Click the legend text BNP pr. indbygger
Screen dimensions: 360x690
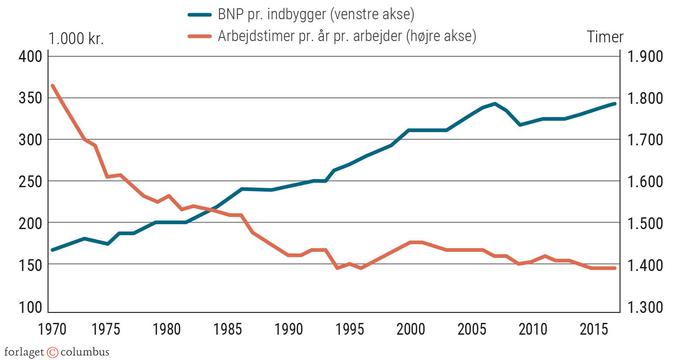316,14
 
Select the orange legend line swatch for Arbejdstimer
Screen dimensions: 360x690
199,36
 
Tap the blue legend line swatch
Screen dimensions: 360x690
199,14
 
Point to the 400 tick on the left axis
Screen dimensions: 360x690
30,56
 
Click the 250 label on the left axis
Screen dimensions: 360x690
30,182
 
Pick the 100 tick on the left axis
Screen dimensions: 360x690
30,307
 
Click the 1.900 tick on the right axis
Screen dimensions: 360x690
645,56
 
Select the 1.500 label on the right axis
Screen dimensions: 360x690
645,223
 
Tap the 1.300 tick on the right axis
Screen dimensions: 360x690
645,307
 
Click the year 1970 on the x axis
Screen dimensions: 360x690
52,329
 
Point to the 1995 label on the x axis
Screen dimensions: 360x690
349,329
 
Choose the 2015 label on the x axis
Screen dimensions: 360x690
594,329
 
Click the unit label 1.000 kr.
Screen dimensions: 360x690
76,39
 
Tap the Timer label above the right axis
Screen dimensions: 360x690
605,37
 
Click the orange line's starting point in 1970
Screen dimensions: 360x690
52,86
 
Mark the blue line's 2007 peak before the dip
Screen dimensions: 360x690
494,104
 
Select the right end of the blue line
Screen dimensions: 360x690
614,104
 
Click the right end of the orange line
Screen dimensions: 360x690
614,268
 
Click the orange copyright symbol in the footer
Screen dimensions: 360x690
52,352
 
